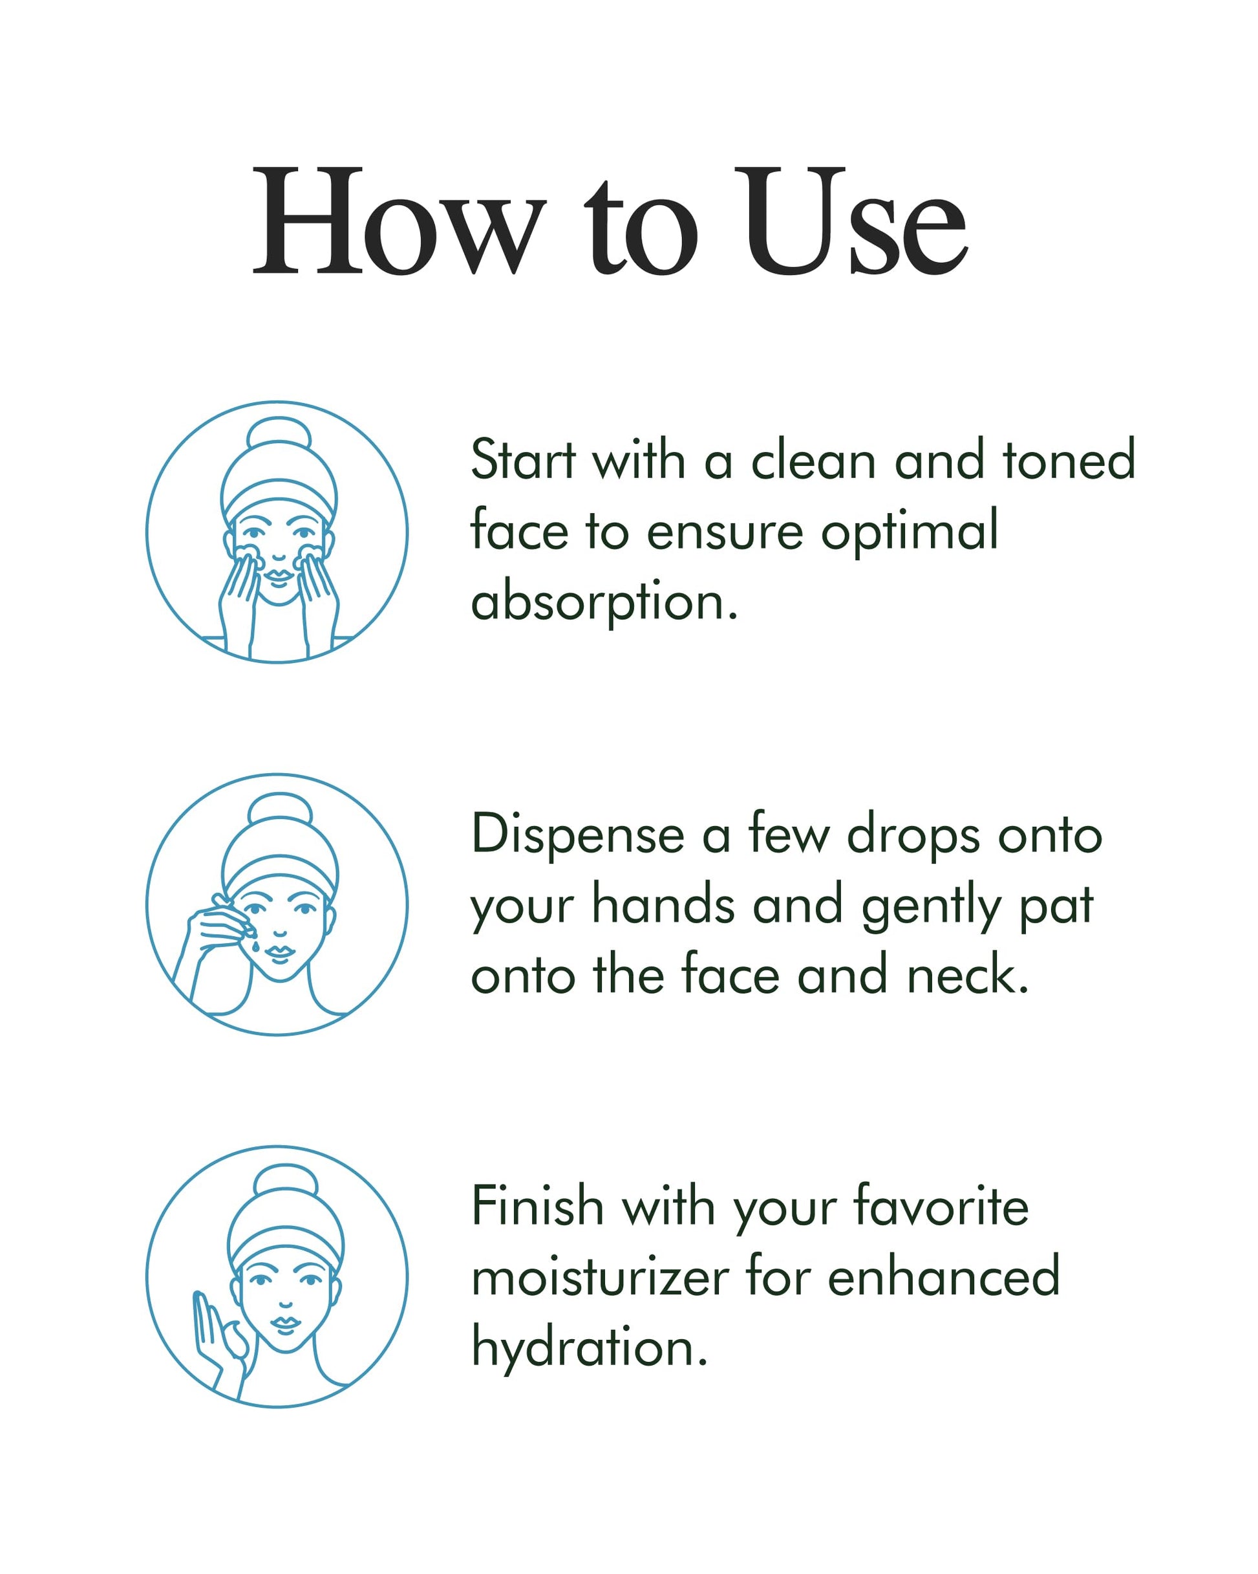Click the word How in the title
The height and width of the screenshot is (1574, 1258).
click(398, 221)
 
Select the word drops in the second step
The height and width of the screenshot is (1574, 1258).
click(913, 834)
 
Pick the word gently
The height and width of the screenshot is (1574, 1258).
click(932, 906)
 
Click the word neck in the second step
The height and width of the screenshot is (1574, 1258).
click(968, 976)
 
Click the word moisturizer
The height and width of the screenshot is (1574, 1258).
click(601, 1278)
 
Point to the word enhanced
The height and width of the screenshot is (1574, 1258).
click(944, 1278)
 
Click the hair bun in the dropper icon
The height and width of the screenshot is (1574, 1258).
click(279, 811)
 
